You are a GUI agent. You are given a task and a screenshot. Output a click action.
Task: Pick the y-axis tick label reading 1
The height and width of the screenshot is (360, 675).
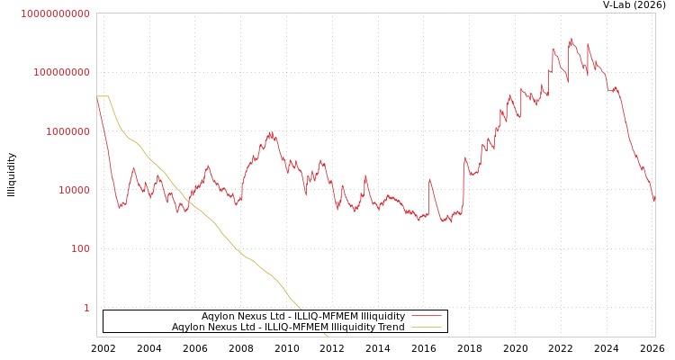click(x=86, y=308)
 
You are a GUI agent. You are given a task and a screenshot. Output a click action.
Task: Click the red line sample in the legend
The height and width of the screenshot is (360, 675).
click(x=426, y=316)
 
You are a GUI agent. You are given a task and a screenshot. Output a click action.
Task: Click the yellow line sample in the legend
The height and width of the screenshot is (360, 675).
click(x=426, y=327)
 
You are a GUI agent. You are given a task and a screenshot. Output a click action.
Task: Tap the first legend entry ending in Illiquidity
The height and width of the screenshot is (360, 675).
click(x=302, y=316)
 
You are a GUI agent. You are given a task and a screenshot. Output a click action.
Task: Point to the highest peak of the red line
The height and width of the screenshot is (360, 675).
click(x=571, y=39)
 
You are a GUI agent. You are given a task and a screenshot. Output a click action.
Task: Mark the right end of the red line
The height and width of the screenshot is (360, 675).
click(x=654, y=202)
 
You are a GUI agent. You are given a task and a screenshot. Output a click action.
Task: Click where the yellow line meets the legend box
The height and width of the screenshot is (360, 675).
click(x=301, y=310)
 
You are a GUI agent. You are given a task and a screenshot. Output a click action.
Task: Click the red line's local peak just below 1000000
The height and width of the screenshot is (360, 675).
click(x=270, y=133)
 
